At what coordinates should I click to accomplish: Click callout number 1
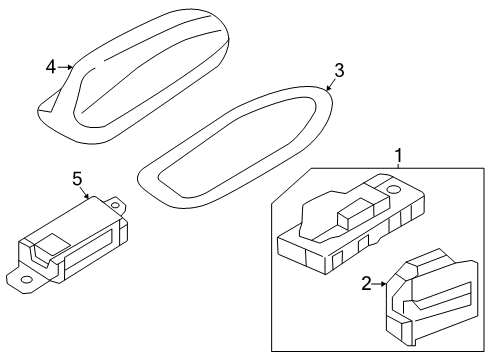(398, 156)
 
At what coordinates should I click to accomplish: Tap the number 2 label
(366, 284)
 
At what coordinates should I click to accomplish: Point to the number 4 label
(50, 67)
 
